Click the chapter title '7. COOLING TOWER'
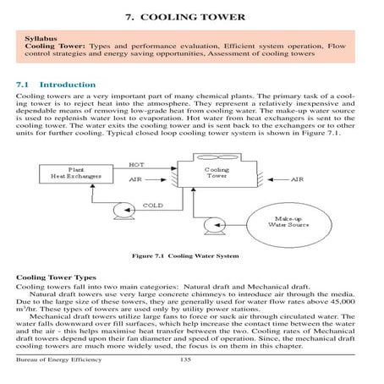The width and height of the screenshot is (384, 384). coord(191,16)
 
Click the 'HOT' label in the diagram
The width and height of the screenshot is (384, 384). coord(136,164)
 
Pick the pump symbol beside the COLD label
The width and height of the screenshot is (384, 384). coord(123,206)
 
